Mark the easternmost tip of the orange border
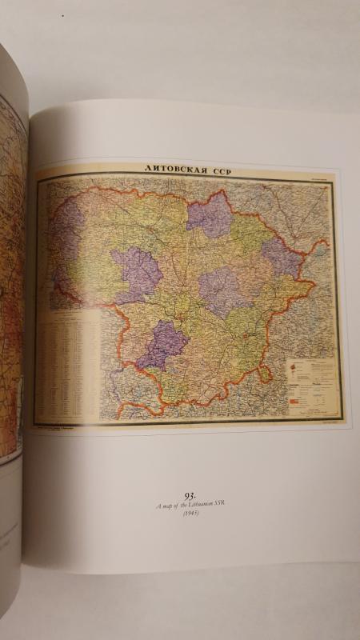(327, 240)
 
